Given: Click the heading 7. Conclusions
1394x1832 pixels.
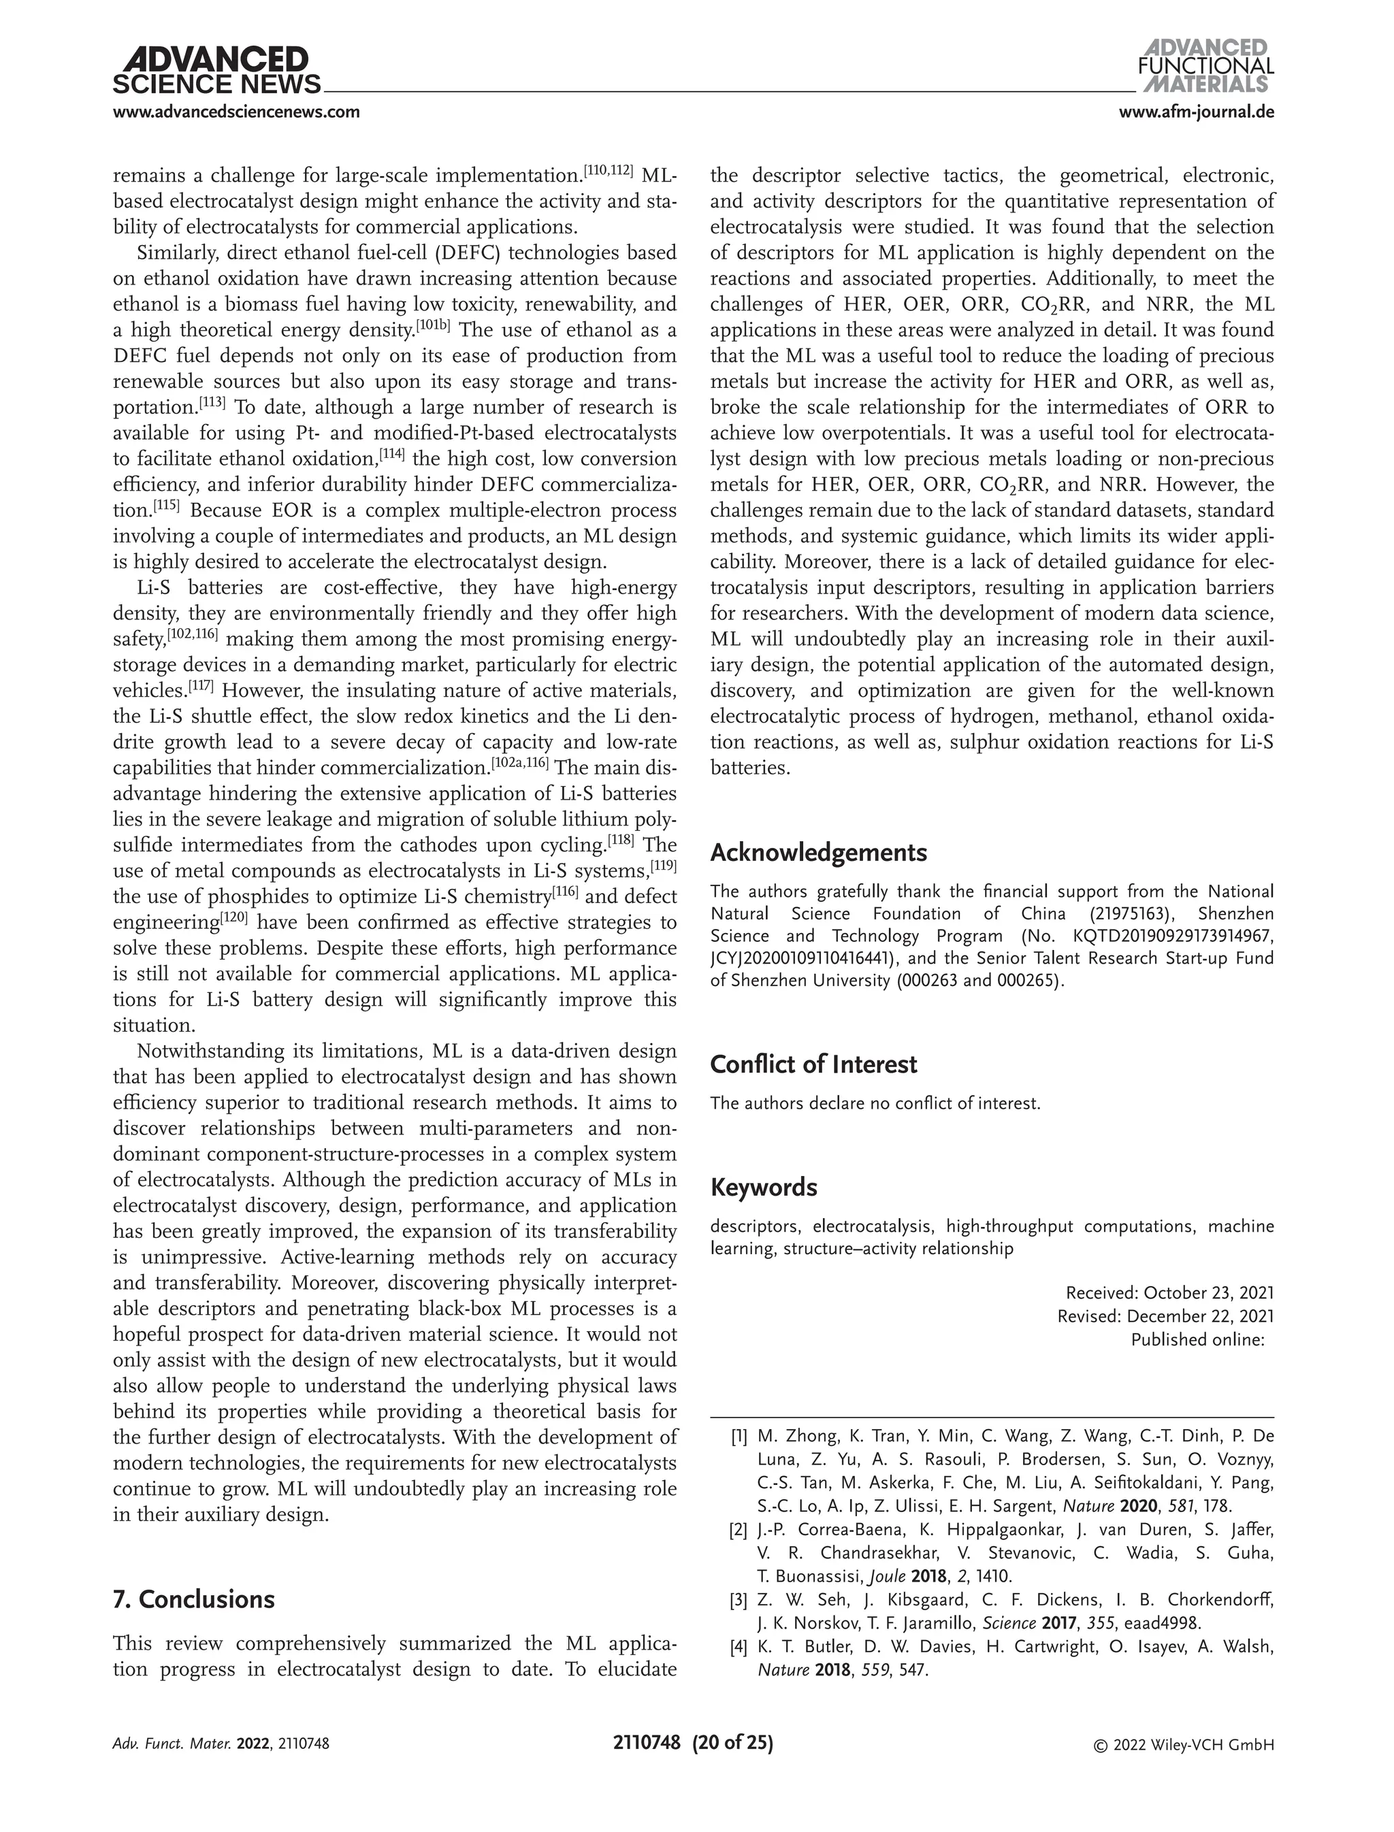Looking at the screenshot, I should click(x=193, y=1599).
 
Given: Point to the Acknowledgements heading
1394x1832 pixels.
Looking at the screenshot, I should click(x=818, y=852).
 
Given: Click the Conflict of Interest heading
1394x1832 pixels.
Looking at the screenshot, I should click(x=813, y=1064).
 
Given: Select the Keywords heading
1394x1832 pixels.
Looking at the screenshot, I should click(x=764, y=1188).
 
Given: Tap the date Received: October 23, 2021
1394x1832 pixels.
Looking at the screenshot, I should click(x=1169, y=1293).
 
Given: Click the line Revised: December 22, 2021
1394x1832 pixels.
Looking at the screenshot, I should click(x=1165, y=1316).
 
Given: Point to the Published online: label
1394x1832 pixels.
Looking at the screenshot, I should click(x=1197, y=1339).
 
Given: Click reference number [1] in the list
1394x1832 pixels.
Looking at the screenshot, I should click(x=739, y=1436).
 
